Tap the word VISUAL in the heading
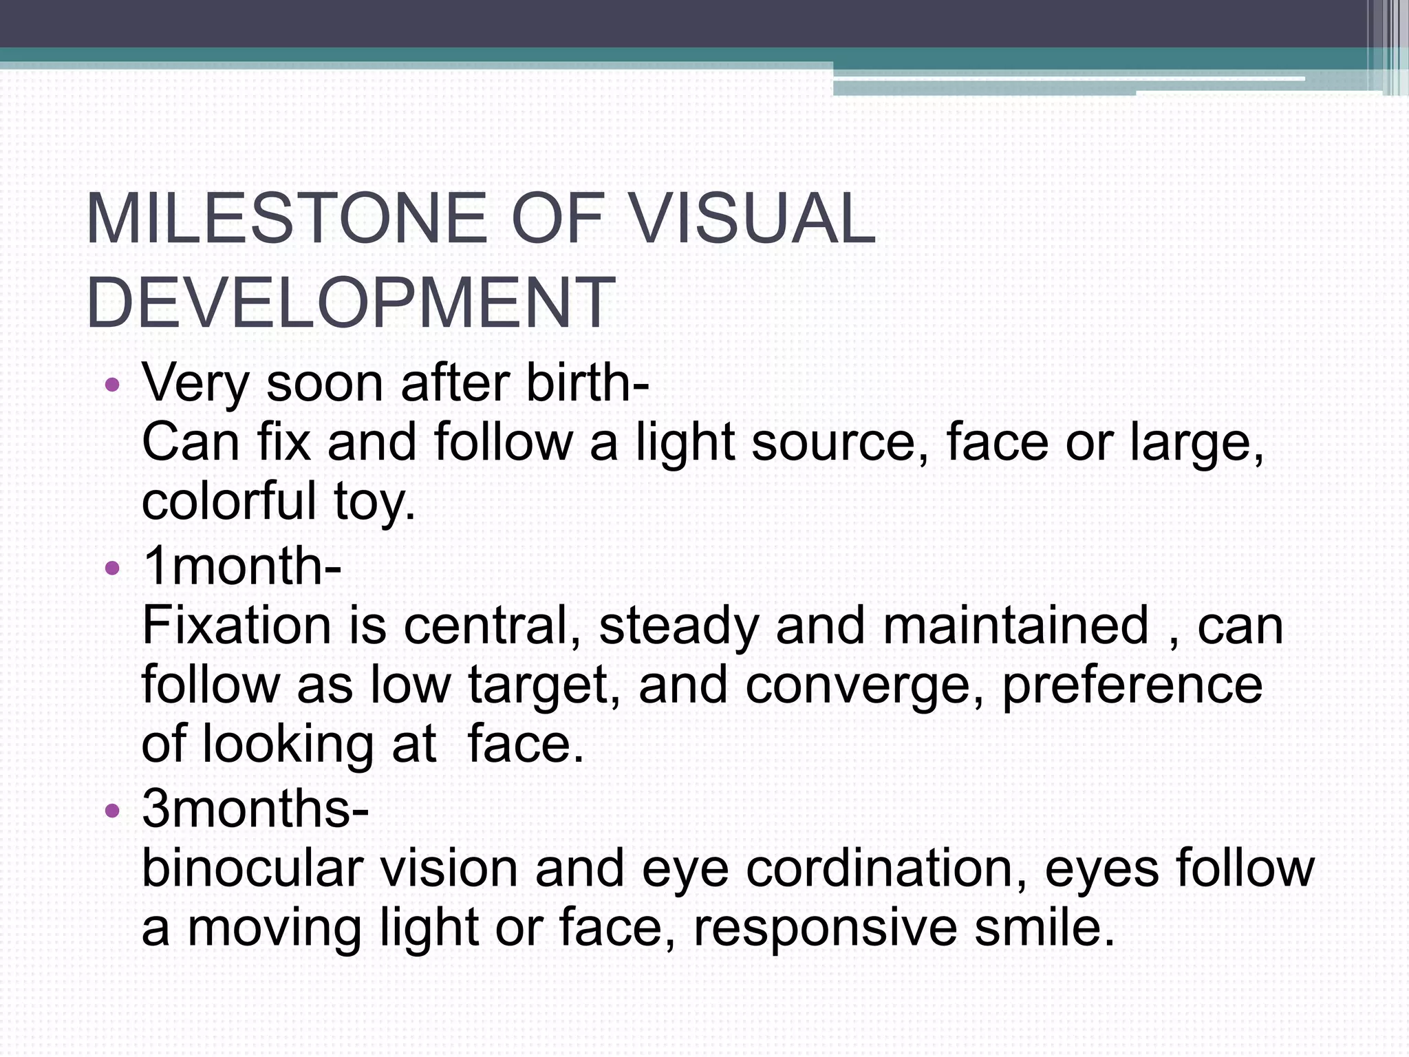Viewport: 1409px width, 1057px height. [753, 219]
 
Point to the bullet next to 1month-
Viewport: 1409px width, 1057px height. [112, 568]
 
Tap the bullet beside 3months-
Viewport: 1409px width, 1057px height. [112, 811]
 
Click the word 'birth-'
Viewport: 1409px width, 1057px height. [588, 383]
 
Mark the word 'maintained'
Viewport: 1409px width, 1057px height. [1015, 626]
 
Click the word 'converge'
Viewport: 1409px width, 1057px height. [863, 687]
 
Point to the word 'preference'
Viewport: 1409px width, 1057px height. [1132, 687]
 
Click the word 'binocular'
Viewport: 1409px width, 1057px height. [252, 868]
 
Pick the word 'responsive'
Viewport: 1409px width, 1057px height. [825, 928]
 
